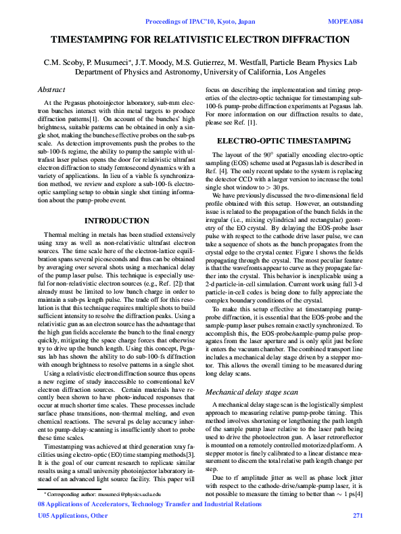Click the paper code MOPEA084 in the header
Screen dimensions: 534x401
click(346, 21)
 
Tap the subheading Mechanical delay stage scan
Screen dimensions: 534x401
click(251, 392)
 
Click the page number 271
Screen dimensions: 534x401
click(358, 516)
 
